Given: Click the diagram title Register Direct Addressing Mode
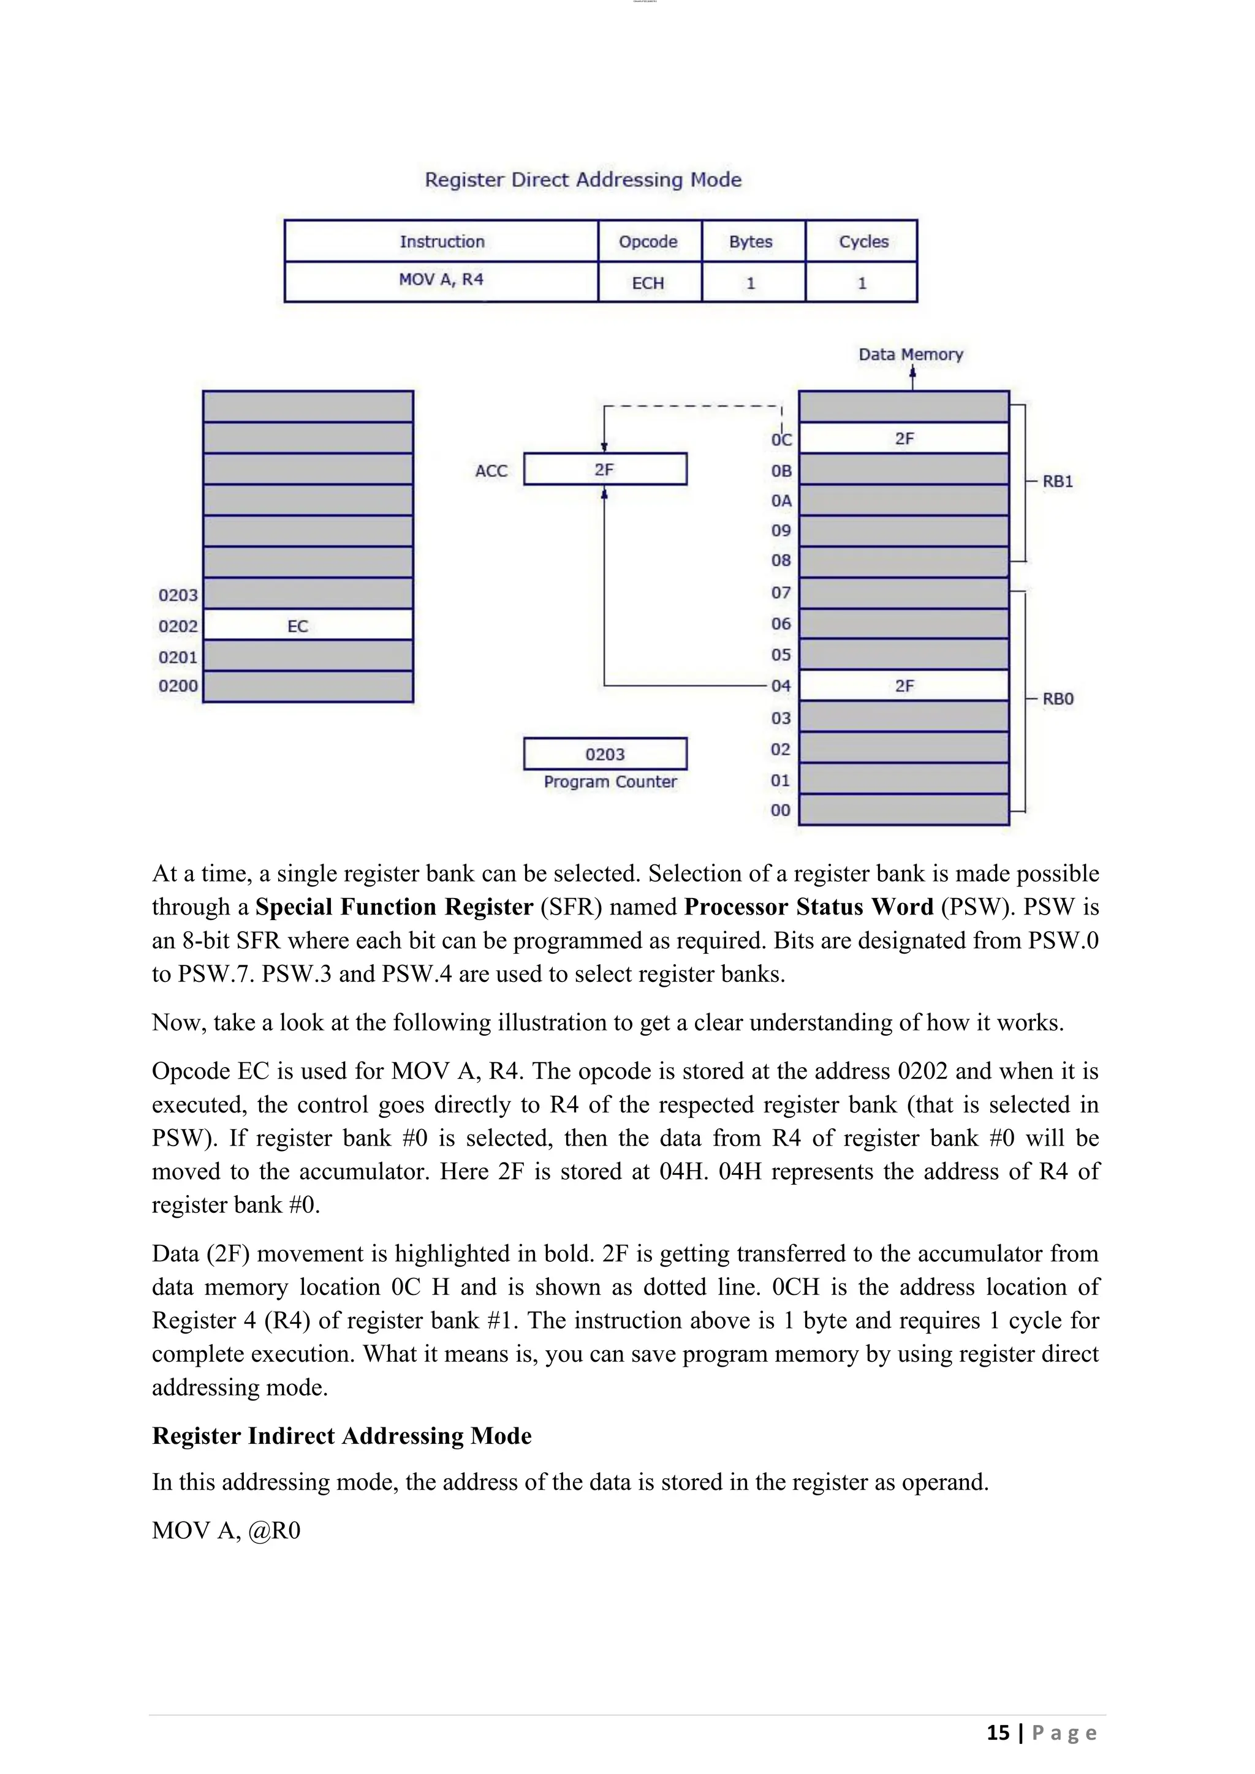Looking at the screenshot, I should [583, 179].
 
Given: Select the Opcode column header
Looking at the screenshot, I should [648, 241].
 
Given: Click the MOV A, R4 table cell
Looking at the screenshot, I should [441, 280].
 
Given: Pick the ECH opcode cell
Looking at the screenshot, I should [648, 283].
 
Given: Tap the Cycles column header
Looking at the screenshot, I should [863, 241].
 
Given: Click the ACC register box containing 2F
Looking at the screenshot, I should [604, 469].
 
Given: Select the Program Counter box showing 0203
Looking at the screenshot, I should [604, 754].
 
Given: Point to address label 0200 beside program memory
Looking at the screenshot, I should [178, 686].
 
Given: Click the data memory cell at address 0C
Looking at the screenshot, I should [903, 438].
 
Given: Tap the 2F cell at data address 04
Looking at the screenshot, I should [903, 685].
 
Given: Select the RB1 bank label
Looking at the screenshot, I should [1057, 481].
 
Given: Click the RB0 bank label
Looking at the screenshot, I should [1057, 698].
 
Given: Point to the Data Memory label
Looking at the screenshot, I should [911, 355].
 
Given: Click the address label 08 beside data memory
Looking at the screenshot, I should [781, 560].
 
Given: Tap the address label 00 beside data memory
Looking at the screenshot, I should [781, 810].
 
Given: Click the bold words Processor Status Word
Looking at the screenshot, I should [808, 907].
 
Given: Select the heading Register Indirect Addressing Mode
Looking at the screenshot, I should [341, 1436].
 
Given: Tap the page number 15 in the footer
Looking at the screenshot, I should [998, 1733].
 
